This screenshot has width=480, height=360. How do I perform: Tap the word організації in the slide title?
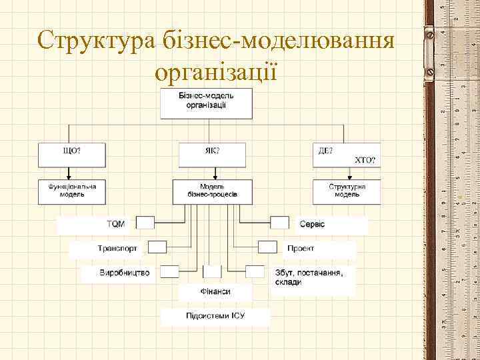(x=215, y=71)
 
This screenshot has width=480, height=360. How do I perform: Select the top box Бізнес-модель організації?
(x=206, y=103)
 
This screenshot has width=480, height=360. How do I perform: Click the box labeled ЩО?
(x=72, y=155)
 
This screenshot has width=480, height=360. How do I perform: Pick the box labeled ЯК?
(x=212, y=155)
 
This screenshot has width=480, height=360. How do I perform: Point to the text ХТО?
(x=365, y=161)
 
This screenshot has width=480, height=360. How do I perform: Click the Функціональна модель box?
(x=72, y=191)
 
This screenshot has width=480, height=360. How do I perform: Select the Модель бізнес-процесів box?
(x=212, y=191)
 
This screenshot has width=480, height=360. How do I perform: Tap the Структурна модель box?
(x=347, y=191)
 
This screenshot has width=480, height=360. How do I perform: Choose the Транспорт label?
(x=117, y=248)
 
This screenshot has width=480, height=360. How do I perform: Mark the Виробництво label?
(x=125, y=273)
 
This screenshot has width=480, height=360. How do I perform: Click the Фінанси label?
(x=215, y=292)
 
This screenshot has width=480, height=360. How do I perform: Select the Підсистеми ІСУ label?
(x=215, y=315)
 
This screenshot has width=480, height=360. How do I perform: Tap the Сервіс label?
(x=312, y=223)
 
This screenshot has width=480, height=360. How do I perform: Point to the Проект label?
(x=301, y=248)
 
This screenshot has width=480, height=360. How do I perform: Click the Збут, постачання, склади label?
(x=309, y=277)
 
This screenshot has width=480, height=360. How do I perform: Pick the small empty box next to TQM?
(x=145, y=223)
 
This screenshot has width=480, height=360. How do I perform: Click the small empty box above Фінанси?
(x=212, y=271)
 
